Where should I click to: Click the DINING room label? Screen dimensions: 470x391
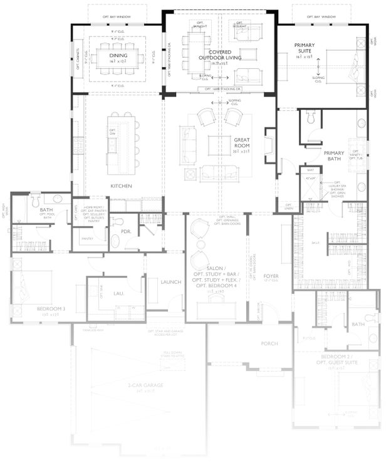tap(118, 55)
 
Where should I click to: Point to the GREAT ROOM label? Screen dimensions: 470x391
tap(242, 142)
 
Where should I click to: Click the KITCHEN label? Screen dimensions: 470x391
tap(120, 186)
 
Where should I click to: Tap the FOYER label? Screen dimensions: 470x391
tap(271, 276)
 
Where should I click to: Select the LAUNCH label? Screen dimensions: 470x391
tap(170, 282)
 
